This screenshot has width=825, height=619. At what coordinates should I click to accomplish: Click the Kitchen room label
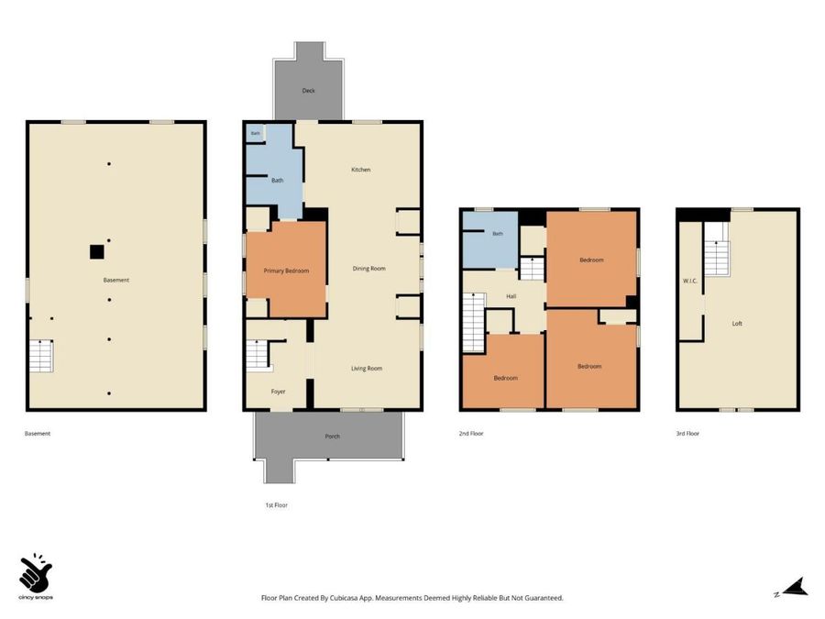(361, 170)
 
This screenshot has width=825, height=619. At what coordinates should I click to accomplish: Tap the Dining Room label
(368, 269)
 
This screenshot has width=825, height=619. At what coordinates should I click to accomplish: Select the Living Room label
(367, 369)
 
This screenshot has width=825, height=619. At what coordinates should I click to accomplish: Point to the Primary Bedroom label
(286, 271)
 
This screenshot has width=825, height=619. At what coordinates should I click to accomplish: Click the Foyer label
(279, 392)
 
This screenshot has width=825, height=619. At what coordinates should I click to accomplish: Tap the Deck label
(308, 91)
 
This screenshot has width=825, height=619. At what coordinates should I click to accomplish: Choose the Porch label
(333, 437)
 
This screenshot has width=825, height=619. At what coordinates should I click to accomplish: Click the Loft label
(737, 324)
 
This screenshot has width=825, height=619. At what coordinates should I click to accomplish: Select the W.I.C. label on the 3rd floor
(689, 282)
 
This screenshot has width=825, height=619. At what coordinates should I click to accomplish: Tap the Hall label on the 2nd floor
(511, 296)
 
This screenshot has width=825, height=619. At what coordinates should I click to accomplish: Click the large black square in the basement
(97, 252)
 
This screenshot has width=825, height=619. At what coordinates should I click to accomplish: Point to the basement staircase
(41, 357)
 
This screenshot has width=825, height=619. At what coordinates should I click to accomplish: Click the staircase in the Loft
(717, 258)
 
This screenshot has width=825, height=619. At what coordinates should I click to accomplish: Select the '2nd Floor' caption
(471, 434)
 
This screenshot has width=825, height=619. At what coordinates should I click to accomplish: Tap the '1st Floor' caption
(276, 505)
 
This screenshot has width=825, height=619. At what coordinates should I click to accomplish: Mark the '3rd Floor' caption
(687, 434)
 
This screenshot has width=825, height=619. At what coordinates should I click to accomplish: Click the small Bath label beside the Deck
(255, 134)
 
